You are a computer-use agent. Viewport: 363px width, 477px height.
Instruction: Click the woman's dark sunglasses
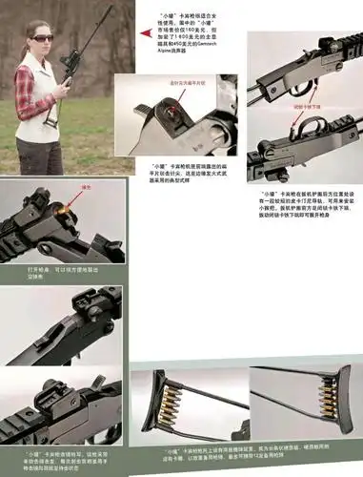[x=43, y=37]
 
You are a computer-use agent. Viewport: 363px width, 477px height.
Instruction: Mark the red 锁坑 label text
[x=85, y=188]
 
